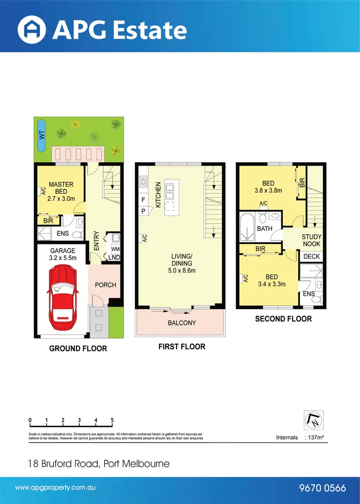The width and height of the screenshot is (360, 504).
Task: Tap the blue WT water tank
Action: click(x=41, y=135)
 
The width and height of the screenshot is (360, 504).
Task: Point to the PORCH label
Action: click(x=105, y=285)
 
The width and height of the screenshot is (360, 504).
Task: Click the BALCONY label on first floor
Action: click(x=181, y=323)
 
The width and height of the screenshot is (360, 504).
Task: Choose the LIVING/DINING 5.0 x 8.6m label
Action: click(x=181, y=263)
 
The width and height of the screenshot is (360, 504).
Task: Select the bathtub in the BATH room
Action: click(x=247, y=228)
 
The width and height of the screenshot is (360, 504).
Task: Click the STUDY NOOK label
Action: click(x=312, y=240)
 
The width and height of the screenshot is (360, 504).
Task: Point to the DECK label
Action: click(x=312, y=256)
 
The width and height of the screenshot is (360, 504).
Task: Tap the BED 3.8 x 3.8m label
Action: click(x=268, y=187)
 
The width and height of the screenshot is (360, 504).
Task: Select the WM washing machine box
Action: click(x=115, y=249)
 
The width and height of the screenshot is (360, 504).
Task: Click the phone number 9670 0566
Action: click(x=322, y=488)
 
